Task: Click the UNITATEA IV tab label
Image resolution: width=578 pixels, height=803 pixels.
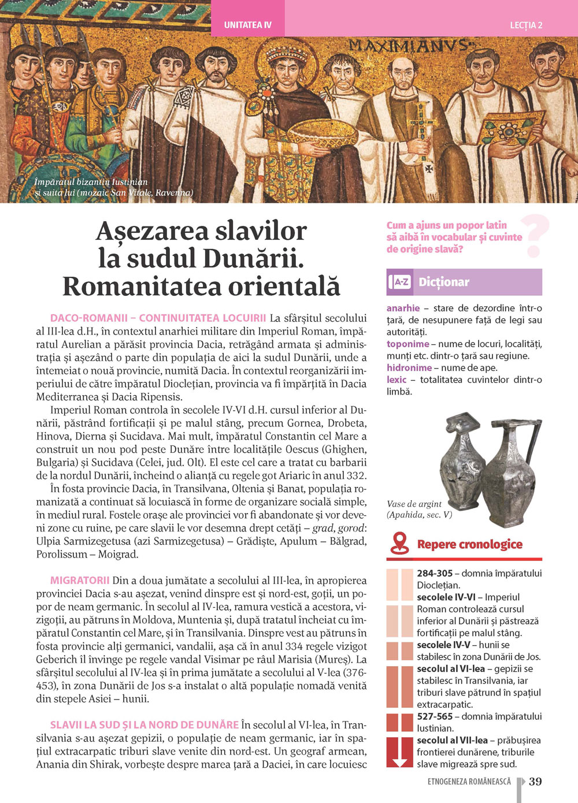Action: click(x=247, y=25)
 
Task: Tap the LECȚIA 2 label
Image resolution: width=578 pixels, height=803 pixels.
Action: click(x=526, y=25)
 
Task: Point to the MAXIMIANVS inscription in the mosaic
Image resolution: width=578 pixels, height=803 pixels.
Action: click(x=410, y=46)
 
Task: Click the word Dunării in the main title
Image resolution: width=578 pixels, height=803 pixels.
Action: click(x=254, y=258)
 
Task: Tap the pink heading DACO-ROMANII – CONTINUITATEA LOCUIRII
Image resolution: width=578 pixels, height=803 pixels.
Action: click(x=158, y=318)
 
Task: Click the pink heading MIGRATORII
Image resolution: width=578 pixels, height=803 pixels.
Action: click(x=80, y=580)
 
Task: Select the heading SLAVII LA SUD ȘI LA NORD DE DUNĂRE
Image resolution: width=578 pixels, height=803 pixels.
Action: click(x=144, y=724)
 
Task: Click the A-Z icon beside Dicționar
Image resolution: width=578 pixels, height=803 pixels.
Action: click(x=400, y=282)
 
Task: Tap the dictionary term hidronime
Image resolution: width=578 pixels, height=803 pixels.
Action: click(x=409, y=367)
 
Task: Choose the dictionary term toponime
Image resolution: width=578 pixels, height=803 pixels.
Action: click(x=407, y=344)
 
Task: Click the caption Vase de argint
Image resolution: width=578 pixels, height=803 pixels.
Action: click(x=414, y=504)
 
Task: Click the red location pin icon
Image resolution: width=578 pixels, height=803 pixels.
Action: click(x=399, y=544)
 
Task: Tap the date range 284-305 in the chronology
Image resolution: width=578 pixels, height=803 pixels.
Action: click(x=435, y=573)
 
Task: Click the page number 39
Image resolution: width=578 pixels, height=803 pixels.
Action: click(x=536, y=781)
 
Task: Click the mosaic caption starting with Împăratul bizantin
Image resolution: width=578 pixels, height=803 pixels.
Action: click(x=91, y=182)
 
